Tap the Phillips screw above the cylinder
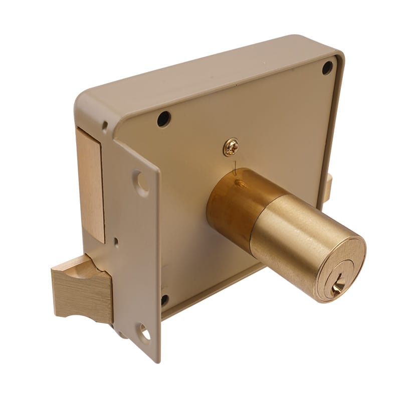pyautogui.click(x=231, y=147)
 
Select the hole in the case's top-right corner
pyautogui.click(x=327, y=67)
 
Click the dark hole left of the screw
pyautogui.click(x=163, y=119)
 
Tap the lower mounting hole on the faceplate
pyautogui.click(x=144, y=331)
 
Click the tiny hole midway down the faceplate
pyautogui.click(x=116, y=241)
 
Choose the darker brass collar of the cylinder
pyautogui.click(x=231, y=206)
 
